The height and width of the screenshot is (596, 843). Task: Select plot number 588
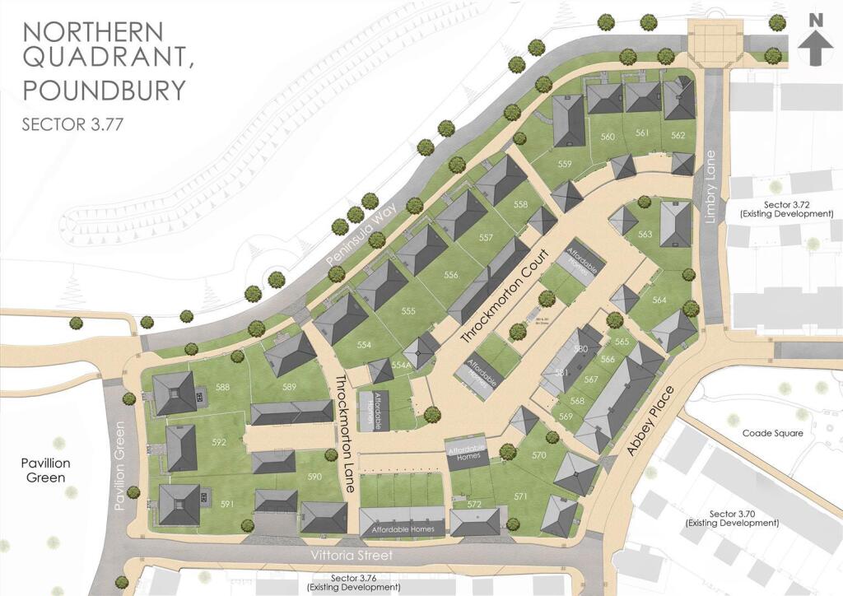point(221,387)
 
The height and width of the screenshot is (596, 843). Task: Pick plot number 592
point(218,442)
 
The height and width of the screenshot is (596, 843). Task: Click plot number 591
point(227,504)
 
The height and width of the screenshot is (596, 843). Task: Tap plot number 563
point(645,235)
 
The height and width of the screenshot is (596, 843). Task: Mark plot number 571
point(520,496)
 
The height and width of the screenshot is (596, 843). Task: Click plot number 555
point(409,311)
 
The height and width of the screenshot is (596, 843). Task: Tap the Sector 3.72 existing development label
point(782,208)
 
